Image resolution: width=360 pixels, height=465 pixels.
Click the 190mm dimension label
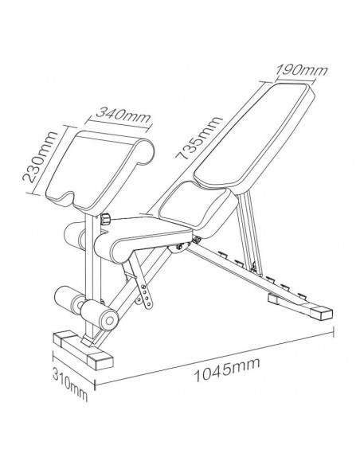[x=302, y=70]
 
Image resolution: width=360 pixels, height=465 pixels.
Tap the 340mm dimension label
[x=123, y=115]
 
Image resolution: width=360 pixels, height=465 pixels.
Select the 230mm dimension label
[x=41, y=157]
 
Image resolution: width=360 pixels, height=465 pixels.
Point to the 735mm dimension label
[x=198, y=138]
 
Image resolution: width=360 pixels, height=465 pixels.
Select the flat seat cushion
[x=143, y=239]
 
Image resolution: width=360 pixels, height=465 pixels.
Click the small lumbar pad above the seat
[x=198, y=209]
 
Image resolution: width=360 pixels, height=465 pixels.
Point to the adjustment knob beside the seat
[x=105, y=219]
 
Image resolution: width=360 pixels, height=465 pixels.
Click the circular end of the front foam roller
[x=109, y=320]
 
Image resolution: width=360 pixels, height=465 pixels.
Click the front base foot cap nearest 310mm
[x=100, y=361]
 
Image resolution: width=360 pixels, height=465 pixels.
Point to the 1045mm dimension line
[x=214, y=358]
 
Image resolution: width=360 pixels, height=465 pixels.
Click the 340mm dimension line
[x=119, y=124]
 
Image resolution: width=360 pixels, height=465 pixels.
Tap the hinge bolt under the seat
[x=180, y=247]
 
